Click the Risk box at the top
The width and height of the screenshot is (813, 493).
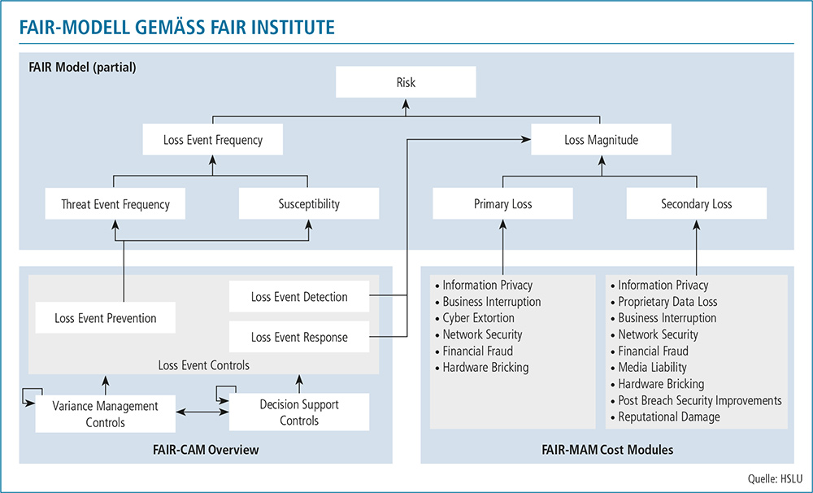click(406, 83)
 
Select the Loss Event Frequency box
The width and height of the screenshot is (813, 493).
click(213, 140)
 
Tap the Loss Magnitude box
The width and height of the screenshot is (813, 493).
click(601, 140)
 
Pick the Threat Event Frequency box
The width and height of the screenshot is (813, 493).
click(115, 204)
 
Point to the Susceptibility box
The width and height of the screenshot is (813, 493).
click(308, 204)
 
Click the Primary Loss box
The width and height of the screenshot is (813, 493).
click(502, 204)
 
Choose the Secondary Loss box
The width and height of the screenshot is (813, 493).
click(696, 204)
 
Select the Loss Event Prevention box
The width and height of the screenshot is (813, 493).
click(106, 318)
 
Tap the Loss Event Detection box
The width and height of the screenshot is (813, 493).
click(299, 297)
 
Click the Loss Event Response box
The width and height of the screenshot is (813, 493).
click(299, 337)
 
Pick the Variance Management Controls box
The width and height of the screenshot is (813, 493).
click(106, 413)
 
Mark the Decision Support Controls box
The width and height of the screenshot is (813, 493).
click(299, 413)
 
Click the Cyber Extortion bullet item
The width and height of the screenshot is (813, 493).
click(478, 318)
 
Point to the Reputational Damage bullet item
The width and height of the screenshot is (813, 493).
click(668, 417)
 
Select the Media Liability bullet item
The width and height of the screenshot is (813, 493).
click(652, 368)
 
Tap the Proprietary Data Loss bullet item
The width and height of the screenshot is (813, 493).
click(667, 302)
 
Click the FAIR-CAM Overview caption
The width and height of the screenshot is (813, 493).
click(206, 449)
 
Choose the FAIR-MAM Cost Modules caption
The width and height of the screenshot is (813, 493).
click(607, 449)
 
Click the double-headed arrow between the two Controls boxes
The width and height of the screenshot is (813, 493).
click(202, 414)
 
